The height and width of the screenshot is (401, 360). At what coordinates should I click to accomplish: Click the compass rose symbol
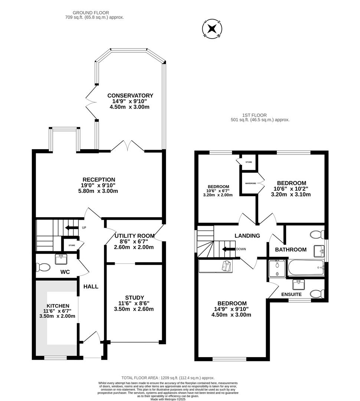[x=212, y=29]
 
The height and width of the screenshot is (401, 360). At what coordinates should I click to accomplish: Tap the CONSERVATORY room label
[x=130, y=96]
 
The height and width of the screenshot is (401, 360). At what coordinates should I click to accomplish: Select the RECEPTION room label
[x=99, y=180]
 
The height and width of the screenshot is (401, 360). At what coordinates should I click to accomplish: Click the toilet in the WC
[x=43, y=267]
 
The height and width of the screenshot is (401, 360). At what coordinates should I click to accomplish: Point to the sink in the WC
[x=61, y=259]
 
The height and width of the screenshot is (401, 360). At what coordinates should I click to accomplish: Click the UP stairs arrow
[x=72, y=228]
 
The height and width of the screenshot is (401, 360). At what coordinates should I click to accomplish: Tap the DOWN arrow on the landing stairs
[x=228, y=249]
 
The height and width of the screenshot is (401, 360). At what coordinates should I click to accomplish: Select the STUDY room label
[x=134, y=298]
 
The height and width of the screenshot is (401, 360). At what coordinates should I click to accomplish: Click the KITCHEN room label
[x=58, y=306]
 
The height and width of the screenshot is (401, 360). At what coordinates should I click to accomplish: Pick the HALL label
[x=91, y=287]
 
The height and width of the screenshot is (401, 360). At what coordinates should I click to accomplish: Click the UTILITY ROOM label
[x=134, y=236]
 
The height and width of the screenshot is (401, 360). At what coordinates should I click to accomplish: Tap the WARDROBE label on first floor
[x=250, y=183]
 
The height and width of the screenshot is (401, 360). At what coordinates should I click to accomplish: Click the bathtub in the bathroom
[x=306, y=268]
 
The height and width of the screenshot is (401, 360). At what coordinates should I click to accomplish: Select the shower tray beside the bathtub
[x=277, y=268]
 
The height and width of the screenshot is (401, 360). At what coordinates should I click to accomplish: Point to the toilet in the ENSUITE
[x=317, y=294]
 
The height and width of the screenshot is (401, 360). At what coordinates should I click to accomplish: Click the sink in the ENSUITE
[x=299, y=284]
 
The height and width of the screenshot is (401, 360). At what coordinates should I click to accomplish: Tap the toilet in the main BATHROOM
[x=317, y=234]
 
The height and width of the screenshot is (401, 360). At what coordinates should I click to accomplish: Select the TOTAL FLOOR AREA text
[x=168, y=378]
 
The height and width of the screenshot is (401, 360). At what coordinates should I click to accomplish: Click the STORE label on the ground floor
[x=72, y=245]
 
